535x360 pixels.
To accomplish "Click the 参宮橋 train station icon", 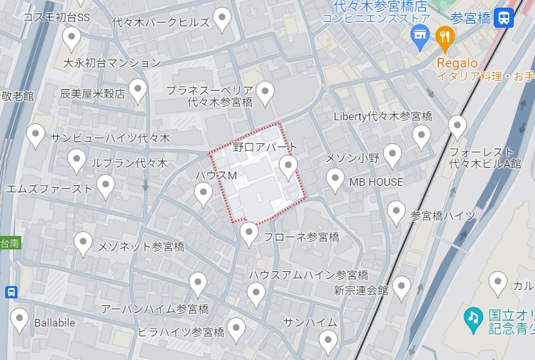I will coord(505,17).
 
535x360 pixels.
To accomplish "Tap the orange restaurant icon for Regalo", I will coord(444,39).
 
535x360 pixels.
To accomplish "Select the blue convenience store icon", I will coord(421,39).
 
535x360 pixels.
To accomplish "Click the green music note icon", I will coord(473,318).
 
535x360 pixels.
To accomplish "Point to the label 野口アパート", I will coord(266,147).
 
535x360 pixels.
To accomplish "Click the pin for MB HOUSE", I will coord(335,179).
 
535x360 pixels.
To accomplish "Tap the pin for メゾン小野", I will coord(392,155).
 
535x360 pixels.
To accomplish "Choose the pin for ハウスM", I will coord(204,193).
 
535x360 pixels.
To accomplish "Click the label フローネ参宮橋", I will coord(302,237).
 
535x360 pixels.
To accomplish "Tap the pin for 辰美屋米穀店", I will coord(138,90).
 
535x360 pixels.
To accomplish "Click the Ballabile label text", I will coord(55,321).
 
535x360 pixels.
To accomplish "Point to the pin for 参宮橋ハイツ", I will coord(397,212).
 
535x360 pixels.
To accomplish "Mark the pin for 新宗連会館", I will coord(401,287).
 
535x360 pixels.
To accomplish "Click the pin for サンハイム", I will coord(328,340).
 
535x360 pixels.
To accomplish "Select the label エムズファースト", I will coord(50,188).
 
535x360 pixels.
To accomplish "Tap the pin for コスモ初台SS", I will coord(71,38).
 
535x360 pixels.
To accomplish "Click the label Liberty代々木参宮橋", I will coord(383,116).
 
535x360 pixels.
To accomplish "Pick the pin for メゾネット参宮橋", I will coord(83,243).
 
